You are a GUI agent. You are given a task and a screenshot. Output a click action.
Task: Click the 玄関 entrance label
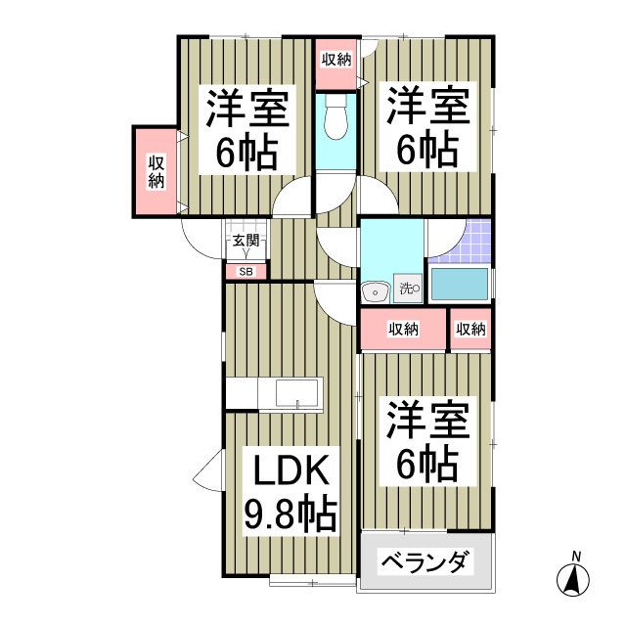click(245, 241)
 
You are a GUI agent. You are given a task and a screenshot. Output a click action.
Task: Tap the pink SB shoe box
click(245, 272)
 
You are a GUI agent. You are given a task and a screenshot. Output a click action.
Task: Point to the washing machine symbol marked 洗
click(408, 289)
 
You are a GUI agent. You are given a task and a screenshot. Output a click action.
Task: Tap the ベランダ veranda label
click(422, 563)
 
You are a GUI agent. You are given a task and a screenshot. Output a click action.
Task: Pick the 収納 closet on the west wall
click(156, 172)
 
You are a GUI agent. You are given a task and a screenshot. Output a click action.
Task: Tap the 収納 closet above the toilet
click(335, 60)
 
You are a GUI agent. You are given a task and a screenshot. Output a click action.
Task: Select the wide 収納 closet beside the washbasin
click(402, 330)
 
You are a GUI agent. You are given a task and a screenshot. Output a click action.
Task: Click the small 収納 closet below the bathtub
click(470, 330)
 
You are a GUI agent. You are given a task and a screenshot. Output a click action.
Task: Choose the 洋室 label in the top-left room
click(246, 109)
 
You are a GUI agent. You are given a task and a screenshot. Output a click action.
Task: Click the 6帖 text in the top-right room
click(426, 150)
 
